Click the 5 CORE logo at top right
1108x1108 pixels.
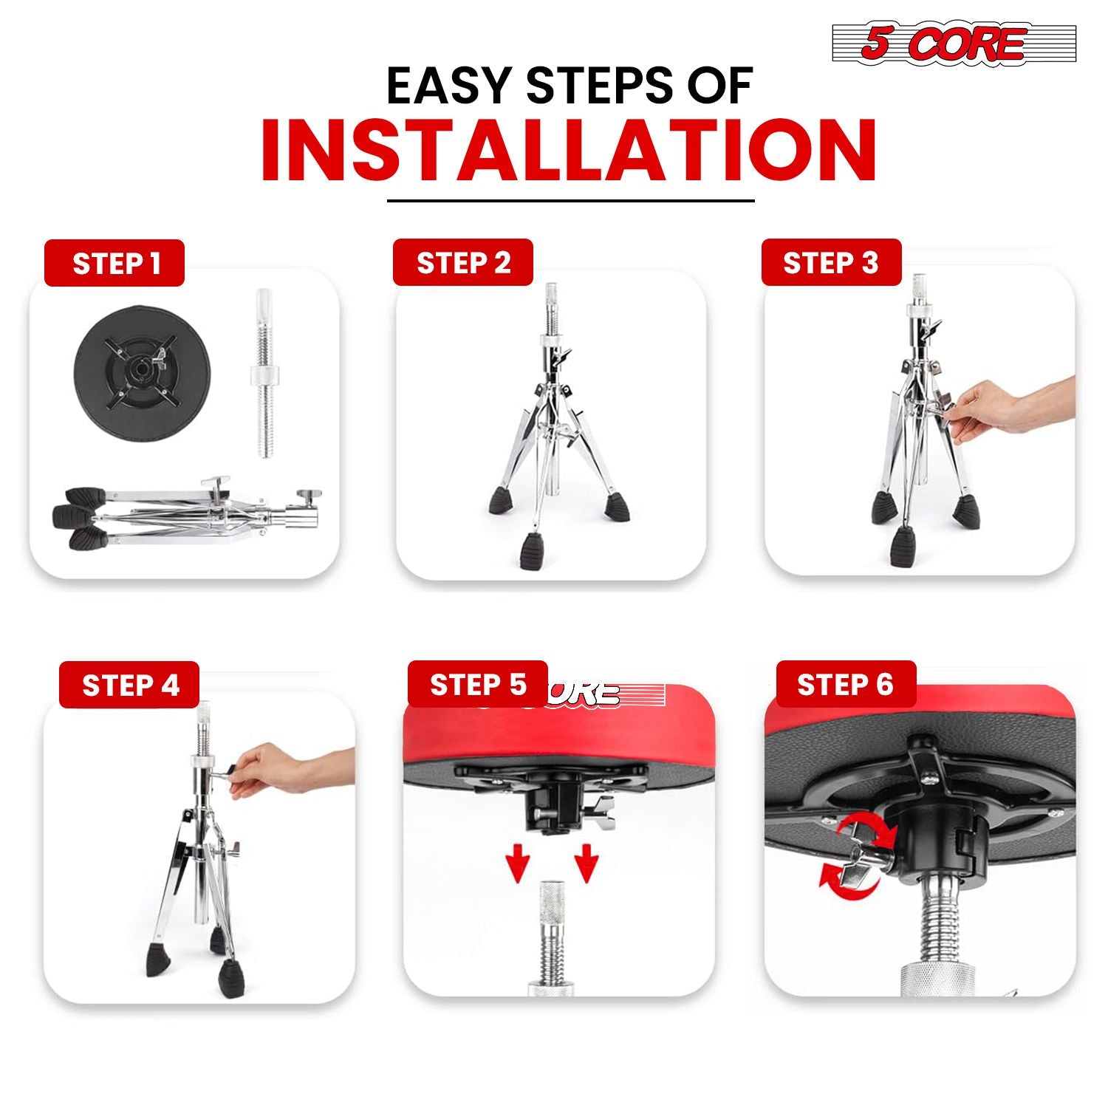pos(954,44)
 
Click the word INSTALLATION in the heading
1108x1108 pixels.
pos(569,151)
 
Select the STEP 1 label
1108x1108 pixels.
pos(114,263)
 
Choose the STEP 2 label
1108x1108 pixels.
pos(463,262)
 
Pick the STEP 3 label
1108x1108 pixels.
pos(831,262)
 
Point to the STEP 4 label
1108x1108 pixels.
pos(130,685)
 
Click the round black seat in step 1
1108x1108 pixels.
pos(142,376)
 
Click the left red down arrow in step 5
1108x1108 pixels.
pos(519,862)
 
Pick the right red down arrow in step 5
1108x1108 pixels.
pos(586,862)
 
